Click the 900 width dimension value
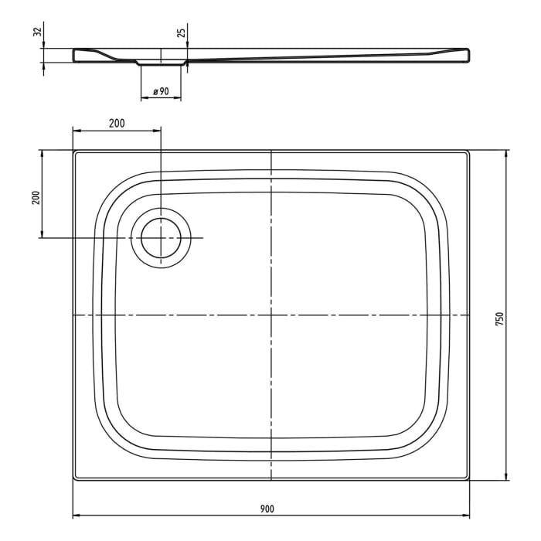[267, 508]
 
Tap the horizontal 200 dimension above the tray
[116, 122]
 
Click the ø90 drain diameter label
[161, 91]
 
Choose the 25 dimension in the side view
[180, 32]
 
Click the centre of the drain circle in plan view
[161, 237]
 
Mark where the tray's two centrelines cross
[271, 315]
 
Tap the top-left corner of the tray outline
[74, 151]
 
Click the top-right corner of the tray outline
[469, 151]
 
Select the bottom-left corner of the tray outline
[74, 480]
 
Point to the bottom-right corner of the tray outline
[469, 480]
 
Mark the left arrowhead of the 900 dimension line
[77, 515]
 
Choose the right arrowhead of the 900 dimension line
[466, 515]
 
